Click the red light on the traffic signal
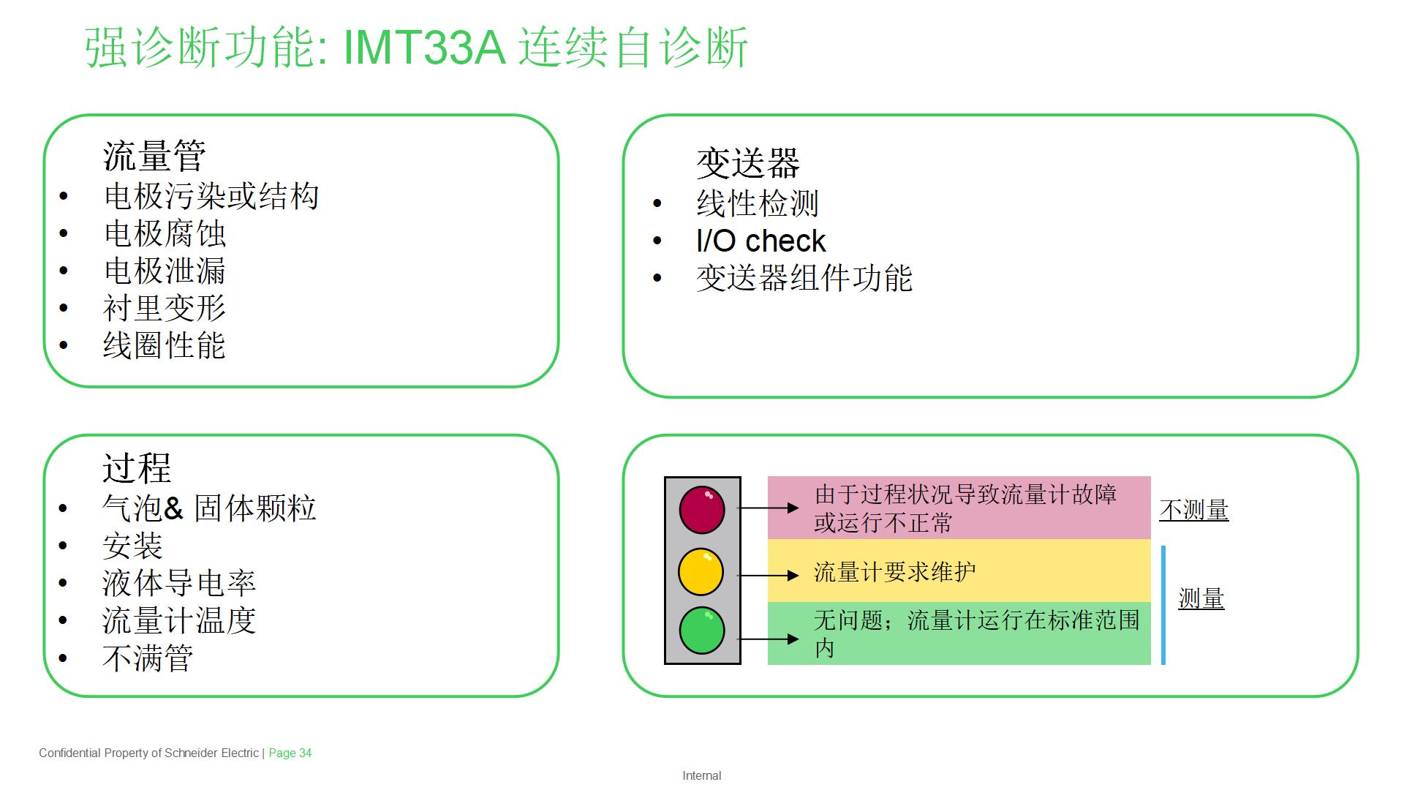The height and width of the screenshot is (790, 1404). point(702,509)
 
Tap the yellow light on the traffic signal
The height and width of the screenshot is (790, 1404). point(701,572)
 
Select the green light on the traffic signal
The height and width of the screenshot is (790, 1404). point(702,630)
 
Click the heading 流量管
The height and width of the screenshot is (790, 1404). point(154,156)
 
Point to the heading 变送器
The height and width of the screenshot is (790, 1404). point(748,162)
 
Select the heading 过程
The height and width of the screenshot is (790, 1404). point(137,468)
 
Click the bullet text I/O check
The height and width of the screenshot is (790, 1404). point(760,241)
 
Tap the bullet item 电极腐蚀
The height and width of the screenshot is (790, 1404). point(165,234)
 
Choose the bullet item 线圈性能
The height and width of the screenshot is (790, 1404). point(165,345)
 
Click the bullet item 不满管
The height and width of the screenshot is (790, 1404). point(148,658)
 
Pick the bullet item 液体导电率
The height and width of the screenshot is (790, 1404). point(179,583)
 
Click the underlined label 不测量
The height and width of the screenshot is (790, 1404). point(1194,510)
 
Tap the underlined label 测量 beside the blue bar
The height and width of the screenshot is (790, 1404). point(1201,599)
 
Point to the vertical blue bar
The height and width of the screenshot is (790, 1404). point(1163,605)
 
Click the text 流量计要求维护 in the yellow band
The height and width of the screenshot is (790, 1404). point(895,571)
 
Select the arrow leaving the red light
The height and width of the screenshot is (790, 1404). point(768,508)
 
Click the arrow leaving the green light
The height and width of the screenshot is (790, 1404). point(768,639)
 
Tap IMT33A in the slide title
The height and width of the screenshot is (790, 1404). point(424,48)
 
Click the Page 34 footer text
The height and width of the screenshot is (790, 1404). point(290,753)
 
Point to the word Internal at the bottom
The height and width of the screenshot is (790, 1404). point(702,775)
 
